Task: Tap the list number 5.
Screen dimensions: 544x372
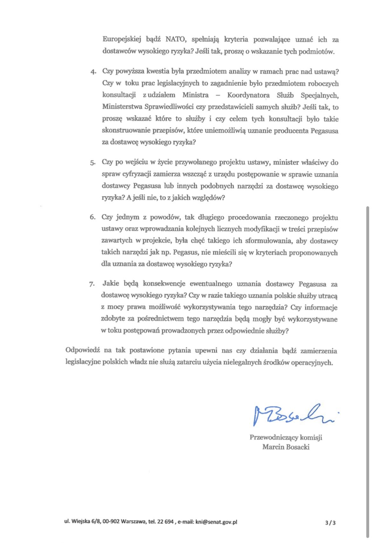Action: click(x=93, y=163)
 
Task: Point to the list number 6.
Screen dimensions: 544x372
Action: click(x=93, y=218)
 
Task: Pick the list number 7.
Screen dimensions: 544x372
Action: click(x=92, y=284)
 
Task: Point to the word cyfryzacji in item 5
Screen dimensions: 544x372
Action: click(x=137, y=174)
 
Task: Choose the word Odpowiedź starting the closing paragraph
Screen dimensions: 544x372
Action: click(x=83, y=350)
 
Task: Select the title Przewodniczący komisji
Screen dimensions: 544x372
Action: click(x=286, y=437)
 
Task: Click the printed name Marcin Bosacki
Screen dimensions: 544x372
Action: click(x=286, y=447)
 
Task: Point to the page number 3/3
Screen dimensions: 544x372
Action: click(x=330, y=522)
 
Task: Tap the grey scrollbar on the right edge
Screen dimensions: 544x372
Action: click(x=368, y=350)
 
